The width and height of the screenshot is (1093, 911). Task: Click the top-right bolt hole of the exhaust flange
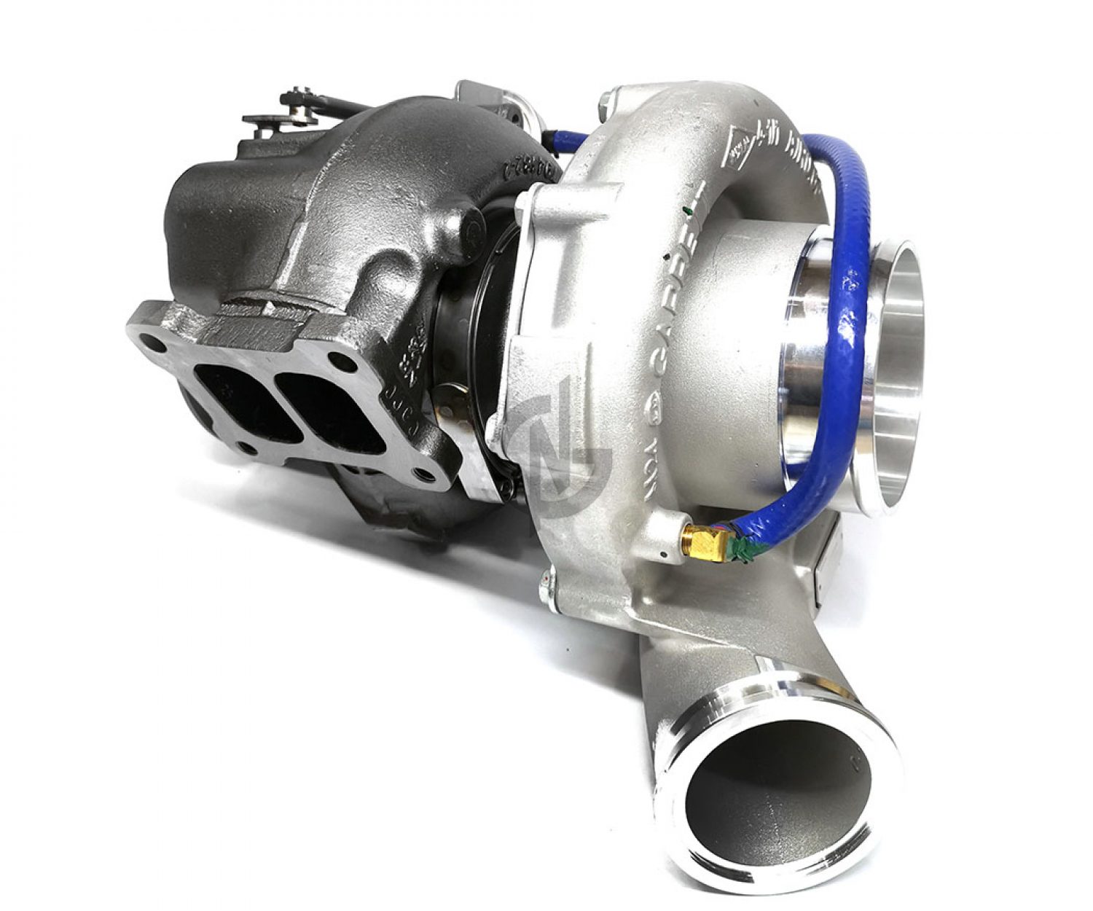coord(338,358)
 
